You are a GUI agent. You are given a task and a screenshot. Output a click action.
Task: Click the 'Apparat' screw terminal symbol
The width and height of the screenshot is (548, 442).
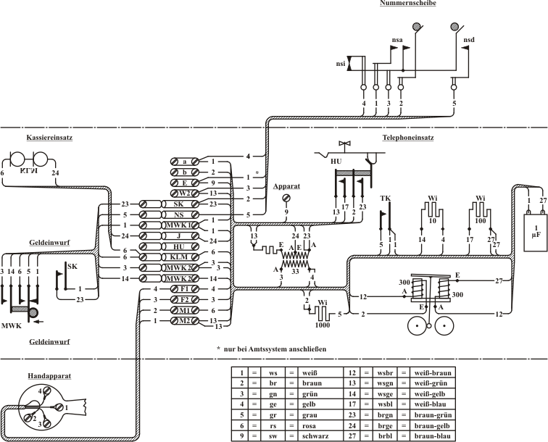286,197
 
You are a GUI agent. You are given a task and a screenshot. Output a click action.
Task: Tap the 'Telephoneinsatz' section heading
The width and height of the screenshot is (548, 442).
408,136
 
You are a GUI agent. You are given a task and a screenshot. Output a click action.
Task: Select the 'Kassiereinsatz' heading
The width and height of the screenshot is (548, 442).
43,136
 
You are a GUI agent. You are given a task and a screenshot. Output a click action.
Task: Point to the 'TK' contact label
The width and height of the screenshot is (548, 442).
384,197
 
